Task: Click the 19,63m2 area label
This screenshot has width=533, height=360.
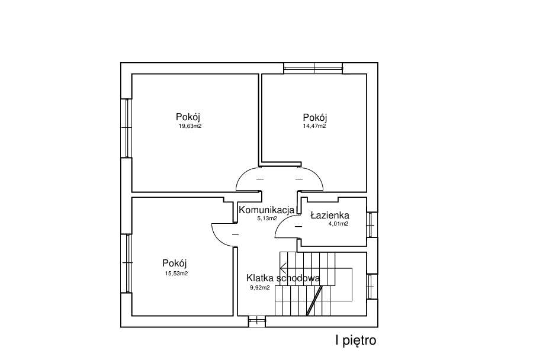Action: click(x=190, y=126)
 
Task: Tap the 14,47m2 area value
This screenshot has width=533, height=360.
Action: click(x=314, y=126)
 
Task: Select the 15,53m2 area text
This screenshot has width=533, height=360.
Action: click(x=176, y=273)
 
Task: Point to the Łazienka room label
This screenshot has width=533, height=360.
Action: click(x=330, y=215)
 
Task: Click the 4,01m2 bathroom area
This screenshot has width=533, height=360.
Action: click(x=338, y=224)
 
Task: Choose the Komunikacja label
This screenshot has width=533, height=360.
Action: click(x=266, y=210)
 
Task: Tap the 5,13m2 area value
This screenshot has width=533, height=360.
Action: click(x=267, y=218)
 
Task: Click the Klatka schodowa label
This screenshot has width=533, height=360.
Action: click(x=283, y=278)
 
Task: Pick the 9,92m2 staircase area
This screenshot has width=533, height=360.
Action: click(x=260, y=287)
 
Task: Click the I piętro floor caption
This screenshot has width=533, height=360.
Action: click(x=355, y=340)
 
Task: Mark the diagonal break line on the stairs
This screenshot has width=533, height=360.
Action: click(x=314, y=301)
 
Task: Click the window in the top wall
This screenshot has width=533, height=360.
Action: click(x=313, y=68)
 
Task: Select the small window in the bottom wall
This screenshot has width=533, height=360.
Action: click(x=256, y=322)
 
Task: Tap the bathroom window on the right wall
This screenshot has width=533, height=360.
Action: click(x=372, y=224)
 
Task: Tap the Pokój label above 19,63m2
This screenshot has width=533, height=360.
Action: click(x=188, y=117)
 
